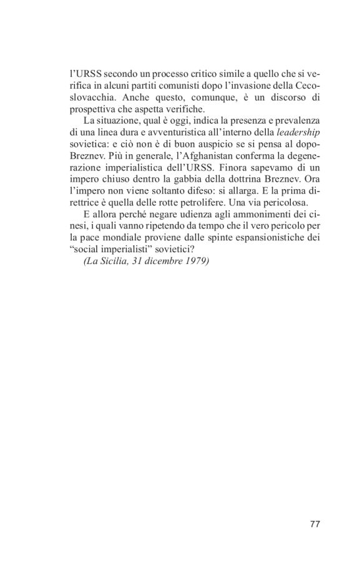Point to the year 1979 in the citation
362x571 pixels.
pos(196,260)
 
